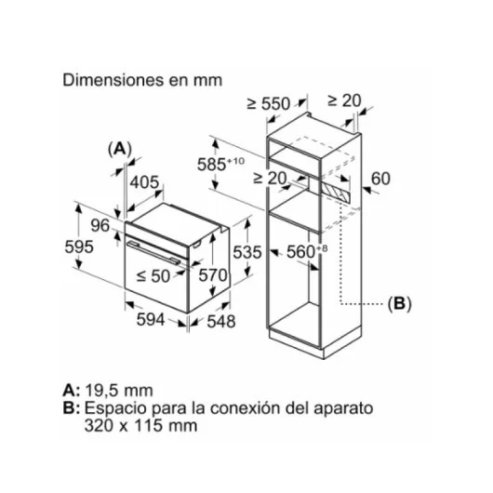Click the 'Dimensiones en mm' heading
tap(142, 80)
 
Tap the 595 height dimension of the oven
tap(79, 246)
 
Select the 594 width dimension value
tap(151, 319)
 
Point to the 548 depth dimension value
tap(221, 321)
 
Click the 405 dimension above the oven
tap(144, 182)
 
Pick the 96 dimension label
tap(100, 225)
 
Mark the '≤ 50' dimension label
tap(153, 276)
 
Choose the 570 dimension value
tap(213, 275)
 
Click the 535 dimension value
tap(247, 252)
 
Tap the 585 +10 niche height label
tap(220, 164)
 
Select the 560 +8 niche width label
tap(307, 251)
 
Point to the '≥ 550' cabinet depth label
tap(269, 103)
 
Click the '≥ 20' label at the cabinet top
tap(344, 100)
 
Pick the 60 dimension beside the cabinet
tap(380, 179)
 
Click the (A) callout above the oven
tap(119, 149)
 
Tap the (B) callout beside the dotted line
tap(399, 304)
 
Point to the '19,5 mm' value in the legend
tap(119, 391)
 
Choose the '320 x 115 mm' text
tap(140, 426)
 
